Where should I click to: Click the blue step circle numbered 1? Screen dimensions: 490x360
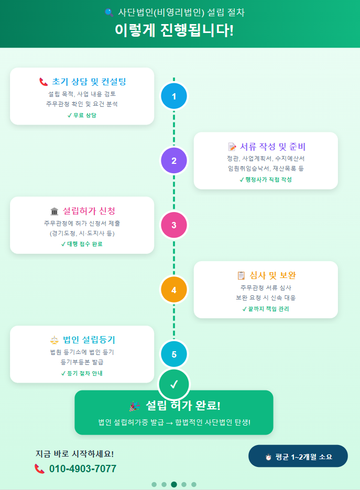tap(174, 96)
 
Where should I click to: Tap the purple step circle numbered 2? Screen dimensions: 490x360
tap(174, 161)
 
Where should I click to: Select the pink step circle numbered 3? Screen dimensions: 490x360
tap(174, 226)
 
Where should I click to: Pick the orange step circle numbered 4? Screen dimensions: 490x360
tap(174, 290)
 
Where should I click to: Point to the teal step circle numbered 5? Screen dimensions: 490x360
tap(174, 354)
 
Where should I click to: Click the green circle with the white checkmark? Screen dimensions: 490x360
tap(174, 384)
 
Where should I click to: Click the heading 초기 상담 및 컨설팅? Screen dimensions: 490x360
tap(89, 82)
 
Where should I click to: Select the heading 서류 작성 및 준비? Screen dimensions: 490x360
tap(272, 146)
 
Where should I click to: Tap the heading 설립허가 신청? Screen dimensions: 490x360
tap(89, 211)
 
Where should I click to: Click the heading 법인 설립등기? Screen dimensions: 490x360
tap(89, 340)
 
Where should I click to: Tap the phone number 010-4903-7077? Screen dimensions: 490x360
tap(83, 469)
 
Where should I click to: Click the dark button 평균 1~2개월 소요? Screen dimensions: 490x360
tap(298, 456)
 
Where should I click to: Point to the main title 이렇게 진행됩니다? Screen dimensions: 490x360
tap(174, 30)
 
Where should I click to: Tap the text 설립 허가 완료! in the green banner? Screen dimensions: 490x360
tap(183, 406)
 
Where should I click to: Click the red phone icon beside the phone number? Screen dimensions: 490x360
tap(40, 469)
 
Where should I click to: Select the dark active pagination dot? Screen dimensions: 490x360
tap(174, 484)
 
